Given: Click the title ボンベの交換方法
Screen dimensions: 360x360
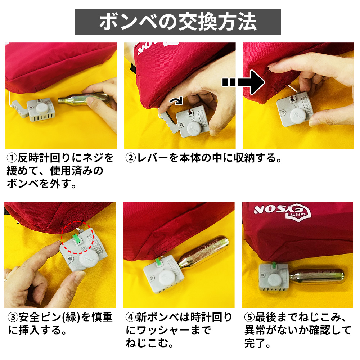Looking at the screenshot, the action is [x=178, y=22].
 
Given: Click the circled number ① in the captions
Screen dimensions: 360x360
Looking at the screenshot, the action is [x=12, y=158].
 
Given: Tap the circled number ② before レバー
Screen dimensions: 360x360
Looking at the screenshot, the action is [x=131, y=158].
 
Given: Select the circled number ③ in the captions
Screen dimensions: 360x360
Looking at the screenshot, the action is [x=13, y=317].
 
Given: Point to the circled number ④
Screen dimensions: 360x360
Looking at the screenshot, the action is [x=131, y=317].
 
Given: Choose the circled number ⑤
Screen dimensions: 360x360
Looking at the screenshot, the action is [x=249, y=317].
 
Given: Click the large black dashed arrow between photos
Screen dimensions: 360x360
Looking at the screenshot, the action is [x=243, y=82].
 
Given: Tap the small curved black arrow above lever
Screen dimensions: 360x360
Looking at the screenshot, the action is [x=176, y=101].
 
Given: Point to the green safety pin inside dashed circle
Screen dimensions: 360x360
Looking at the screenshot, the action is [x=76, y=238].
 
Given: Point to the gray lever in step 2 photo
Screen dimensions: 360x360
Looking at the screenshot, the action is [x=169, y=122].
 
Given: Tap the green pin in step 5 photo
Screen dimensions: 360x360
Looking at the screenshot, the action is [x=274, y=265].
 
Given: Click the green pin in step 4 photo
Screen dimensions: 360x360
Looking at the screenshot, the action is [x=158, y=262].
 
